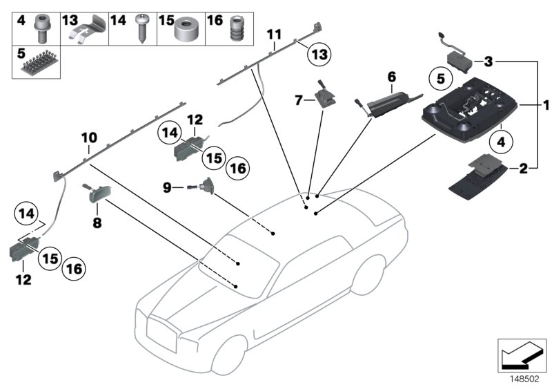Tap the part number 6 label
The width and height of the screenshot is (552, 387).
tap(391, 75)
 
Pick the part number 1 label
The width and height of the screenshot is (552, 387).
tap(545, 106)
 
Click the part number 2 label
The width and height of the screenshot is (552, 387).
tap(523, 167)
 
